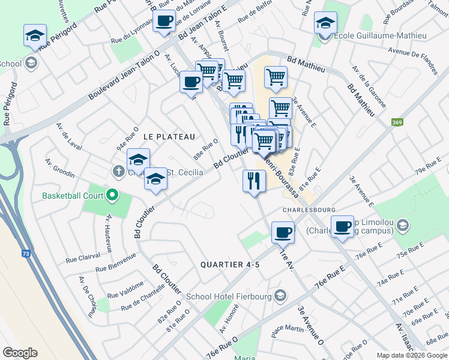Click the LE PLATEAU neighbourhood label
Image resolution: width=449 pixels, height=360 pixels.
click(169, 137)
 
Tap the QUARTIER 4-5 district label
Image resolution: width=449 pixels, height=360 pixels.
click(230, 265)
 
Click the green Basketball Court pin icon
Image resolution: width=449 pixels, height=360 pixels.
click(112, 195)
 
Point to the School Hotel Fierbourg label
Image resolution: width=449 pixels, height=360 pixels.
click(230, 295)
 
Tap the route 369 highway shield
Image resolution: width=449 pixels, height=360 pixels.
click(397, 122)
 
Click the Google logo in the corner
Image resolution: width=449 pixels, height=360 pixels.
click(20, 352)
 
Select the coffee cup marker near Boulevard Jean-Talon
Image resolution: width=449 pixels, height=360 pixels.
click(164, 22)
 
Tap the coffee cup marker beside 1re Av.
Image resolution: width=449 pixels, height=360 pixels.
click(283, 232)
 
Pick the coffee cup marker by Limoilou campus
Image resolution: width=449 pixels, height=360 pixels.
click(342, 226)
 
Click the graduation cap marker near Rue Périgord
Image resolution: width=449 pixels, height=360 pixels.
click(35, 35)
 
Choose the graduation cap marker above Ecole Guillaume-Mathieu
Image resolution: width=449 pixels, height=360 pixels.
click(325, 23)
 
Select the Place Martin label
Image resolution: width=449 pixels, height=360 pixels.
click(288, 329)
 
